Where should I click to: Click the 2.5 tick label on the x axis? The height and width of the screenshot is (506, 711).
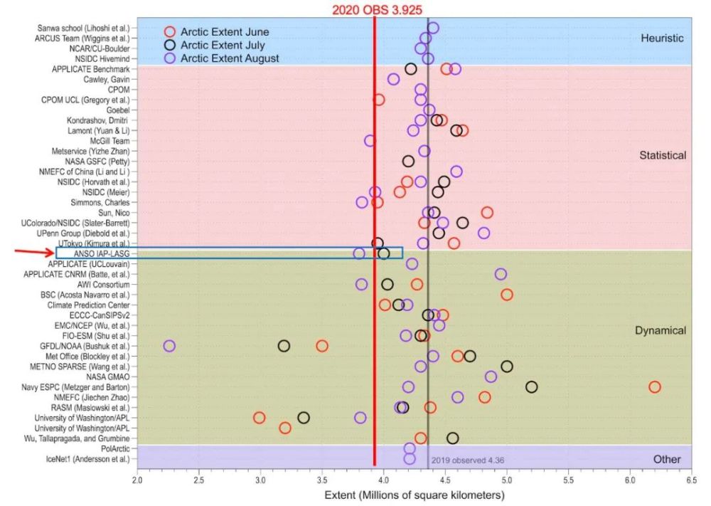coord(198,480)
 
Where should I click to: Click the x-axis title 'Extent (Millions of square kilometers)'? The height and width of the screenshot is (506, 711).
coord(414,495)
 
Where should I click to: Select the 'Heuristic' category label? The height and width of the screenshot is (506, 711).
coord(663,38)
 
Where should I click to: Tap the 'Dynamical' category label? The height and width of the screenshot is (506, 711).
coord(660,330)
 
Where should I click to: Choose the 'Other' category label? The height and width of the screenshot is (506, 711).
coord(666,460)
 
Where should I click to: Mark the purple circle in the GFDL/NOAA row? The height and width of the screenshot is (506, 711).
coord(169,346)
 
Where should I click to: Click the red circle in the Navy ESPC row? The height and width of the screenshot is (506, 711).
coord(654,386)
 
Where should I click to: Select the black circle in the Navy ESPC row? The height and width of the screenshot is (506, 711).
coord(531,386)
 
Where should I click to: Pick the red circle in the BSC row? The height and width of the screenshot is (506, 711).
coord(507,295)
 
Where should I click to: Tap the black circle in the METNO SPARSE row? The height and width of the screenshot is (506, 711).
coord(507,367)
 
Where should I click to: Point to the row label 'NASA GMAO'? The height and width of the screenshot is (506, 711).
coord(107,376)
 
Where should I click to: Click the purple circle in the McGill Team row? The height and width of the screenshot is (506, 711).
coord(370,141)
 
